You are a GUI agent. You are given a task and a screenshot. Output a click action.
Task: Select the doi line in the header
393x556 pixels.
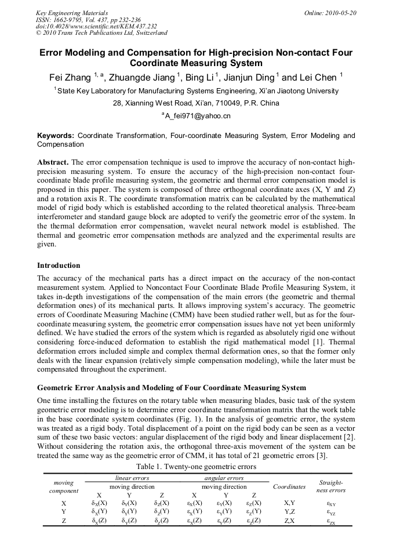[x=96, y=26]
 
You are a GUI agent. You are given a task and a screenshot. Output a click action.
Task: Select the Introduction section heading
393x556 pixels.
[x=59, y=266]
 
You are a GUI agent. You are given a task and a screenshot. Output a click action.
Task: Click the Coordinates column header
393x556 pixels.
[x=289, y=486]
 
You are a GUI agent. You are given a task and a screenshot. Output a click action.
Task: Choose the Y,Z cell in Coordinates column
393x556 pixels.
[x=289, y=512]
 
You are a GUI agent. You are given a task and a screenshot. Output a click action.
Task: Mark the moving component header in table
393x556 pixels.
[x=64, y=486]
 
